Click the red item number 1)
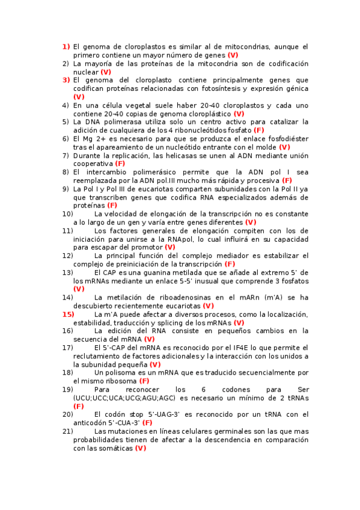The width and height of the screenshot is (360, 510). click(x=66, y=46)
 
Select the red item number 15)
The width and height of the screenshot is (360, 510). click(x=68, y=314)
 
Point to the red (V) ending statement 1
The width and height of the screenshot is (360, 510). click(x=233, y=55)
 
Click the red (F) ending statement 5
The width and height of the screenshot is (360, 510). click(x=259, y=130)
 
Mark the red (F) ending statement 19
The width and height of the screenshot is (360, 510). click(x=78, y=406)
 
